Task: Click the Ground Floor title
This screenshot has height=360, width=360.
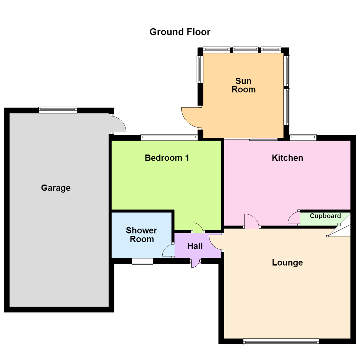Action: (x=180, y=32)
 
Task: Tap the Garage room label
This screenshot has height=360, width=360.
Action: (x=56, y=188)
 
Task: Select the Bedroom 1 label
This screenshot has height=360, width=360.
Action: (x=167, y=158)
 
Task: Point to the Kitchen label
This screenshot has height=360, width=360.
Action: (x=287, y=158)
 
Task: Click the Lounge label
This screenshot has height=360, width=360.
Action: (x=287, y=263)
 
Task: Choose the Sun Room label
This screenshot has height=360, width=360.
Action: (x=244, y=85)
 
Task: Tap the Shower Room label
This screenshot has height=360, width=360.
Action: (x=142, y=235)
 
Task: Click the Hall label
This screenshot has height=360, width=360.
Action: (x=195, y=246)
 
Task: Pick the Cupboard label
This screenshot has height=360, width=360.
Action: (x=325, y=216)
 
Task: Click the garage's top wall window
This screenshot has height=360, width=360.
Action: (x=58, y=110)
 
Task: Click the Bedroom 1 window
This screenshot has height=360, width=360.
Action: (x=169, y=138)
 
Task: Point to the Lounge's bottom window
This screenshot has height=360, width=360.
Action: (x=281, y=342)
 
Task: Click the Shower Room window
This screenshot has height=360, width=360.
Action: (x=142, y=261)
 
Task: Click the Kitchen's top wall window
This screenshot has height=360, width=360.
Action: (x=303, y=138)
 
